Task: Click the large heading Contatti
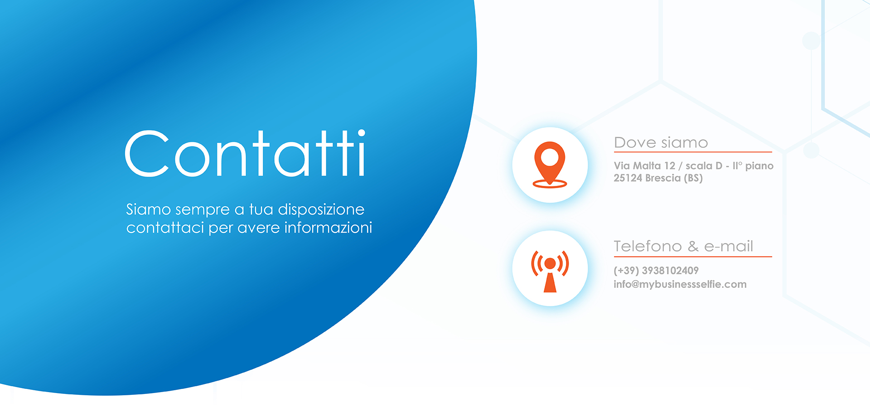[x=245, y=153]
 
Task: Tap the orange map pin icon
[x=550, y=165]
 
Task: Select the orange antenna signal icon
[x=550, y=271]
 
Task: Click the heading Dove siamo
[x=661, y=142]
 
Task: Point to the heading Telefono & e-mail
[x=683, y=246]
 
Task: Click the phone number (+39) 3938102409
[x=656, y=271]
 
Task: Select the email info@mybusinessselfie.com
[x=680, y=284]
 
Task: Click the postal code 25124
[x=628, y=178]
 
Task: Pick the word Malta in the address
[x=647, y=166]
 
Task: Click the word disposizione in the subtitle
[x=321, y=209]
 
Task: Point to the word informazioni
[x=328, y=227]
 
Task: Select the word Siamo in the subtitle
[x=148, y=209]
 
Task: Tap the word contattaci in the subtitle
[x=165, y=228]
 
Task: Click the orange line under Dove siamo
[x=693, y=152]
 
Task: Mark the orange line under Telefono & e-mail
[x=693, y=257]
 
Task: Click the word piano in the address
[x=759, y=166]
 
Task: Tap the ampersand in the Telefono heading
[x=693, y=246]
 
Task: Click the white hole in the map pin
[x=550, y=157]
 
